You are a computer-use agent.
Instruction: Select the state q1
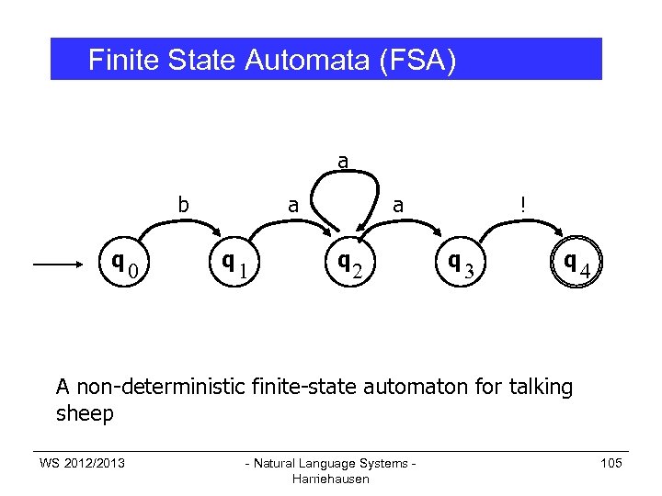click(234, 265)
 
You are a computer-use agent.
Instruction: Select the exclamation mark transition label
click(522, 206)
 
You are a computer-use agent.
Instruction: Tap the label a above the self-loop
click(343, 162)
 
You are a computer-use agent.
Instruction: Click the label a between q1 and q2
click(293, 206)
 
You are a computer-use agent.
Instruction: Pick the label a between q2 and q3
click(398, 206)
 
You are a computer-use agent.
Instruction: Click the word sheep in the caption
click(85, 414)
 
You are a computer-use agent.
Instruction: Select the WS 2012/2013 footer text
click(82, 462)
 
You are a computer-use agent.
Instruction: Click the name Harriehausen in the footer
click(329, 479)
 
